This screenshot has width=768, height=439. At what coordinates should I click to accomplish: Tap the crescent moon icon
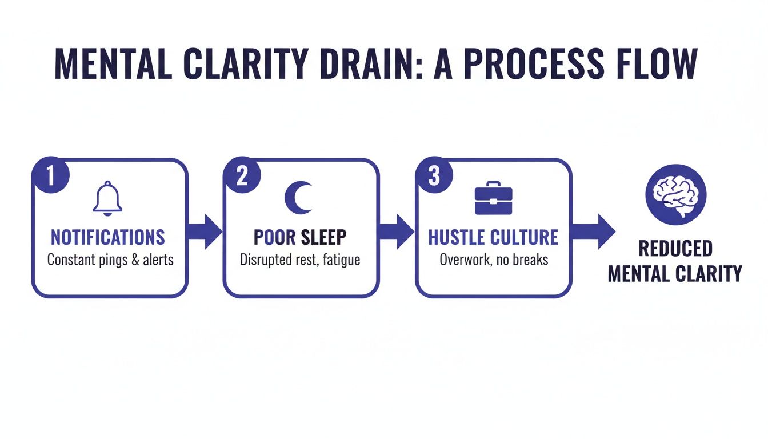pyautogui.click(x=299, y=197)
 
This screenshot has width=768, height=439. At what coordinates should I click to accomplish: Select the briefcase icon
pyautogui.click(x=493, y=198)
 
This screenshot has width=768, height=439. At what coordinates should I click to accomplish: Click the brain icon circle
pyautogui.click(x=675, y=194)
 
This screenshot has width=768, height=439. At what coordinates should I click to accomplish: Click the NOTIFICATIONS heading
pyautogui.click(x=108, y=237)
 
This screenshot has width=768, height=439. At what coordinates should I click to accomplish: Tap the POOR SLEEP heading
pyautogui.click(x=300, y=237)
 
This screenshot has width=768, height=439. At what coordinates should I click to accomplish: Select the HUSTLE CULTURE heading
pyautogui.click(x=493, y=237)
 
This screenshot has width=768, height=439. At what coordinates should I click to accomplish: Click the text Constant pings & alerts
pyautogui.click(x=110, y=260)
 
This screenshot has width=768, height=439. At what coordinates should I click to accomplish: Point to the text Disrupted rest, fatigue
pyautogui.click(x=300, y=260)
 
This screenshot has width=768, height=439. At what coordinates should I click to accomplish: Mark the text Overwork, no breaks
pyautogui.click(x=494, y=260)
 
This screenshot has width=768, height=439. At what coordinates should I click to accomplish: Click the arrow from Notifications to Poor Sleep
pyautogui.click(x=206, y=232)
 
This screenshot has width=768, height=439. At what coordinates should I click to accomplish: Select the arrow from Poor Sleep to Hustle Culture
pyautogui.click(x=398, y=232)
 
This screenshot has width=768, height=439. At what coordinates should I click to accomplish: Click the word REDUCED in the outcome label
pyautogui.click(x=675, y=249)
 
